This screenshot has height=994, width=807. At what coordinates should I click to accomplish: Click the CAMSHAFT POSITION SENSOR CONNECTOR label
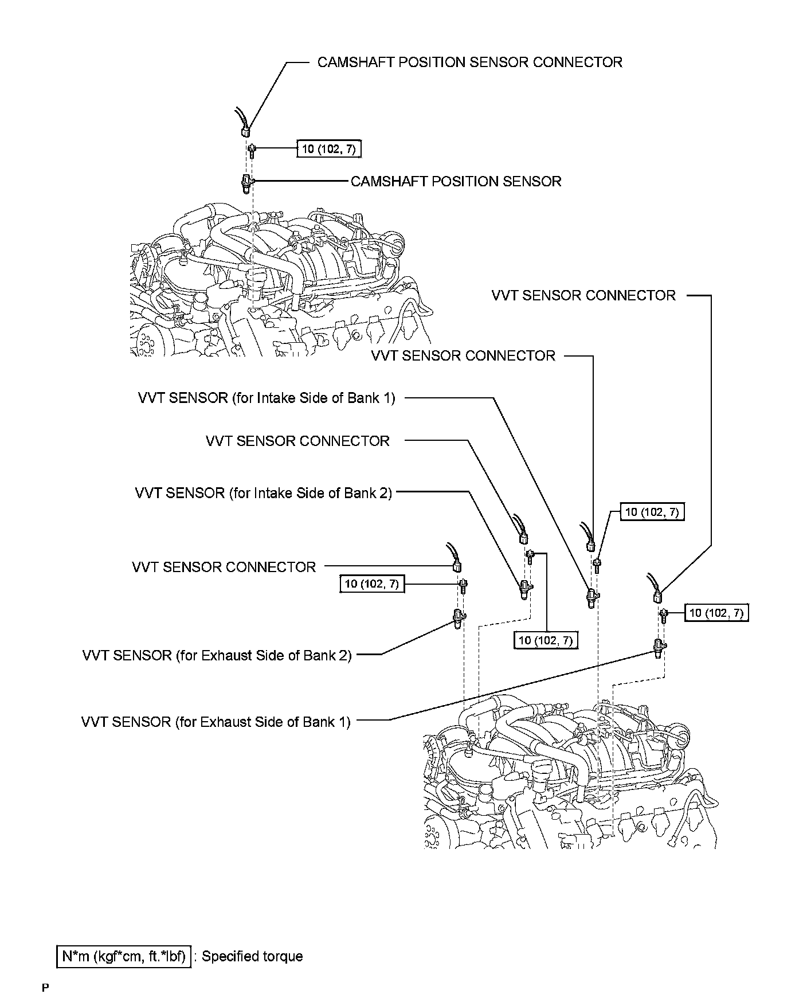[x=469, y=62]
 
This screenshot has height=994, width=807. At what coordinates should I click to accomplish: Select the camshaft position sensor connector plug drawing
[x=245, y=131]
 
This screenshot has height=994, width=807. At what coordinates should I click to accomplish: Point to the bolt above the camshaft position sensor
[x=252, y=150]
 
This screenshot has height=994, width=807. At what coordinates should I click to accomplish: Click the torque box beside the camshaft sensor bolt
[x=329, y=150]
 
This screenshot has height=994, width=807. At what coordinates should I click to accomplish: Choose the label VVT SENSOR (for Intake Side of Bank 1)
[x=267, y=398]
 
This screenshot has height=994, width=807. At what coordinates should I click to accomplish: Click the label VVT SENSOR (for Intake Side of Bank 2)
[x=264, y=493]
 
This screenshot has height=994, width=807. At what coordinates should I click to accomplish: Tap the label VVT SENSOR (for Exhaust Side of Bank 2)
[x=217, y=655]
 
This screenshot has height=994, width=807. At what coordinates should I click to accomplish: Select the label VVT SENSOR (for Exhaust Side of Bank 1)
[x=216, y=722]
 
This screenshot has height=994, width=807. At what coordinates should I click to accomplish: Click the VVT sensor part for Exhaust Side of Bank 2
[x=459, y=619]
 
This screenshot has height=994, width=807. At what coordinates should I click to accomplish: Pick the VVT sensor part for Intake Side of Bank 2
[x=525, y=589]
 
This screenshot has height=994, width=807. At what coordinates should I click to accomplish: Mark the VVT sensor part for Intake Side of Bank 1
[x=591, y=597]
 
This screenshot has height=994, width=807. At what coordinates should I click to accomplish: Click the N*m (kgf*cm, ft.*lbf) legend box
[x=124, y=956]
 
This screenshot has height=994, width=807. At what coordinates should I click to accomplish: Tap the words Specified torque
[x=252, y=956]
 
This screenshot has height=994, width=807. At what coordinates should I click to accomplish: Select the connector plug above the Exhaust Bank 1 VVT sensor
[x=657, y=597]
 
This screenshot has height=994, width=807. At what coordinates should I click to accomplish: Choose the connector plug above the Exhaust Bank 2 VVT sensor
[x=457, y=567]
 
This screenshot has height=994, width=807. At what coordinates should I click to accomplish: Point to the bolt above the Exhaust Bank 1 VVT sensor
[x=664, y=616]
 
